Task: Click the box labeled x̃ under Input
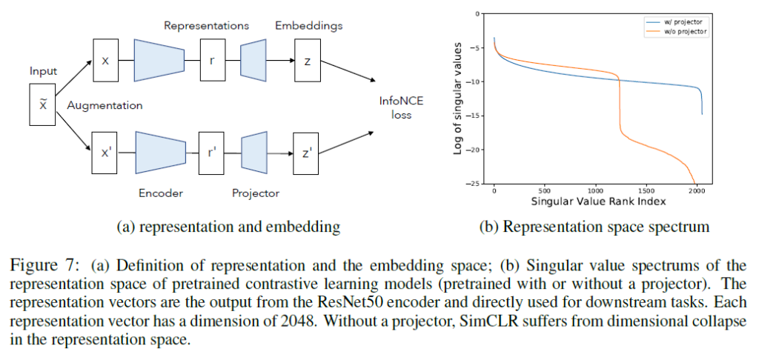42,104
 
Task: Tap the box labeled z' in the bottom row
306,153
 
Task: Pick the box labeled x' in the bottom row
105,153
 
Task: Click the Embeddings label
309,25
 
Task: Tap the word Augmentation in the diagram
105,105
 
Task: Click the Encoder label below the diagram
161,193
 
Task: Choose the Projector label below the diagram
256,193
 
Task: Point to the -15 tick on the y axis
479,115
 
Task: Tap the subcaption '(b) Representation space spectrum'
606,227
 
